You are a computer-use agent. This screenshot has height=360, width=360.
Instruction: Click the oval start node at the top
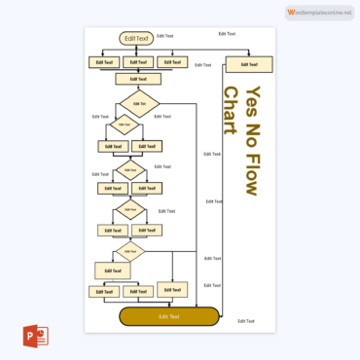click(136, 39)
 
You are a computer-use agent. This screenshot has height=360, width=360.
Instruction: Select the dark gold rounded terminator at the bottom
click(169, 316)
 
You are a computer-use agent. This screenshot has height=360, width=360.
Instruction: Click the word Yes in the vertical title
click(252, 102)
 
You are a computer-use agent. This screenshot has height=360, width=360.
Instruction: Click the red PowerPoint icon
click(35, 337)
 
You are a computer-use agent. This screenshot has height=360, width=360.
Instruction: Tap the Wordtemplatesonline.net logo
click(320, 12)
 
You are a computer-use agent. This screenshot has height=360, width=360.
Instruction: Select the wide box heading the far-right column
click(248, 64)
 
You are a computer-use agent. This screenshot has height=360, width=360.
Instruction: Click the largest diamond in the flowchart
click(139, 103)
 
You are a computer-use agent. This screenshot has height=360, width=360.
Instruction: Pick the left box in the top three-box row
click(103, 62)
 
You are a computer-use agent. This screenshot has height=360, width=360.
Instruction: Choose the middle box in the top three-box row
click(137, 62)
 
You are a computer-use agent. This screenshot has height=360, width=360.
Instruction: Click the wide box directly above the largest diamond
click(138, 79)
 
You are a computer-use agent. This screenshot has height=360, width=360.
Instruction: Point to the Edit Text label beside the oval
click(165, 36)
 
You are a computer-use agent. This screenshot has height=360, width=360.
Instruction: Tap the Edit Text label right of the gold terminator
click(245, 321)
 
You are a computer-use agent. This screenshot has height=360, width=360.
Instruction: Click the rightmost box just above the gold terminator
click(172, 289)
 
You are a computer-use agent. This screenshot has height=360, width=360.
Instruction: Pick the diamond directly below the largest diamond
click(124, 125)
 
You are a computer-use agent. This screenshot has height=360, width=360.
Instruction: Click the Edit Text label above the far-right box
click(227, 33)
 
